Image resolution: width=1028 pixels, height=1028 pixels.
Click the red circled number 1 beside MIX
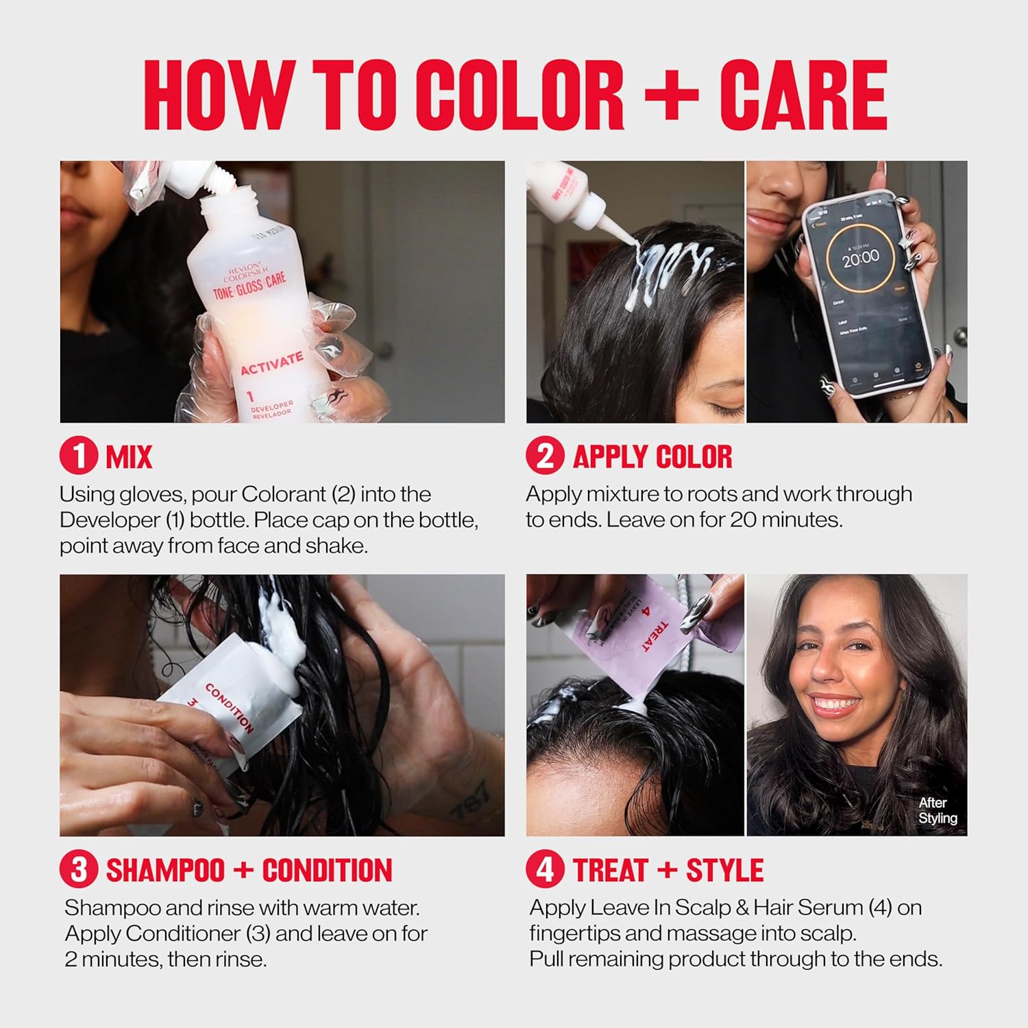[79, 456]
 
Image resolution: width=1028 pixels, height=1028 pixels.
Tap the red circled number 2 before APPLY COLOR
[545, 456]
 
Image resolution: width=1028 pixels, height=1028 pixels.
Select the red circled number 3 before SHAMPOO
[79, 870]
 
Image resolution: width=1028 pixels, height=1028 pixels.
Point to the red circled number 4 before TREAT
[545, 870]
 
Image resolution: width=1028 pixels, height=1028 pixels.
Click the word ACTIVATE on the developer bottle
[271, 363]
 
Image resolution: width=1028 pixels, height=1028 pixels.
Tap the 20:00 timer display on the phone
[860, 258]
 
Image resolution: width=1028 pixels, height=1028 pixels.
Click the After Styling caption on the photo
[937, 810]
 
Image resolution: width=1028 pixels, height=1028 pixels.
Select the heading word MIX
[129, 456]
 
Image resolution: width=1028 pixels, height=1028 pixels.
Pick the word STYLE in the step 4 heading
[724, 870]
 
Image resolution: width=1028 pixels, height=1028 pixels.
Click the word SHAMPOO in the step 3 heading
[165, 870]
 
